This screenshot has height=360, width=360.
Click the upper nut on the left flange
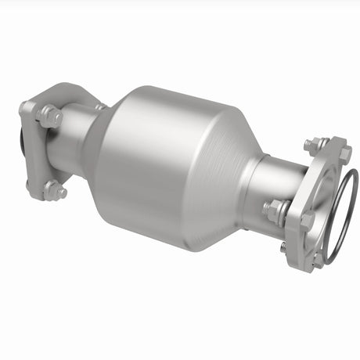tap(50, 117)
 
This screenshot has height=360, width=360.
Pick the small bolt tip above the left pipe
tap(99, 106)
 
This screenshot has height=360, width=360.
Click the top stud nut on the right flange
tap(313, 146)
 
